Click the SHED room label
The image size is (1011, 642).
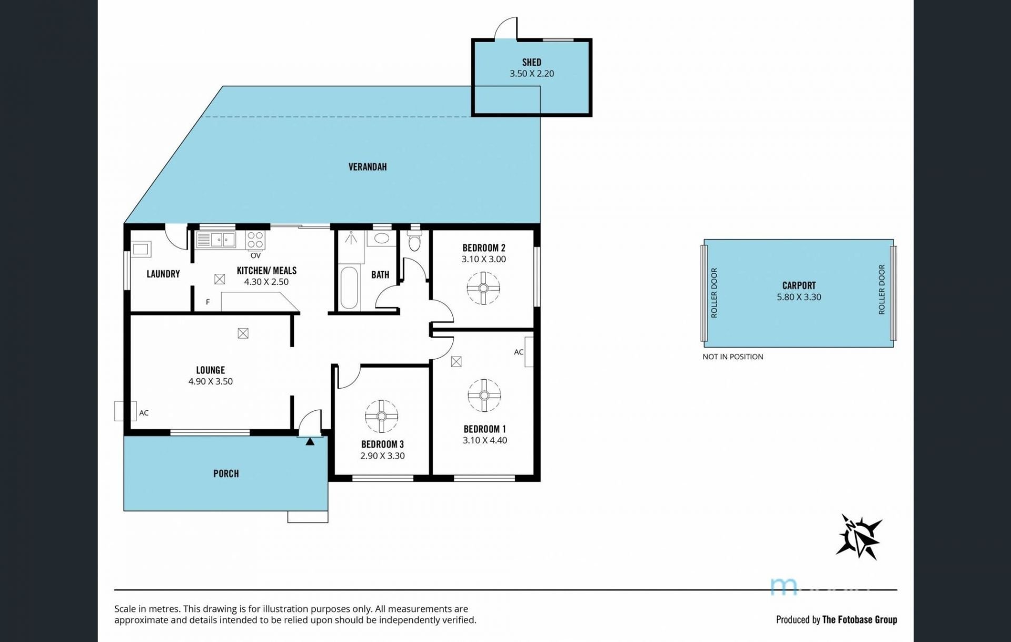tap(531, 62)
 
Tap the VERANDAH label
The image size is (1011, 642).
tap(368, 167)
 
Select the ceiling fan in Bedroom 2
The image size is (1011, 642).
tap(483, 288)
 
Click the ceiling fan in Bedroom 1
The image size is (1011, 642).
tap(484, 396)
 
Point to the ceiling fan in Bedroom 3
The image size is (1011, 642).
tap(381, 417)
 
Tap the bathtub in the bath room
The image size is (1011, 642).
tap(349, 288)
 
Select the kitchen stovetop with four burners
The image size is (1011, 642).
tap(255, 240)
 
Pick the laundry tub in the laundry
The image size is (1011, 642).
tap(141, 249)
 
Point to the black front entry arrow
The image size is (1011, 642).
tap(310, 441)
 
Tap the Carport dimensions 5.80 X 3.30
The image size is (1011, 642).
tap(799, 297)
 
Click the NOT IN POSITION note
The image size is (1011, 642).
tap(732, 357)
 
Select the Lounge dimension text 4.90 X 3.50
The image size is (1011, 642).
tap(211, 381)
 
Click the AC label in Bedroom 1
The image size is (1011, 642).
tap(519, 352)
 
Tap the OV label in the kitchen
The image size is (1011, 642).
tap(255, 255)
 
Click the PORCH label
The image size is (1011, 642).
tap(226, 473)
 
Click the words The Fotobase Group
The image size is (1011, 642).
tap(860, 619)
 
